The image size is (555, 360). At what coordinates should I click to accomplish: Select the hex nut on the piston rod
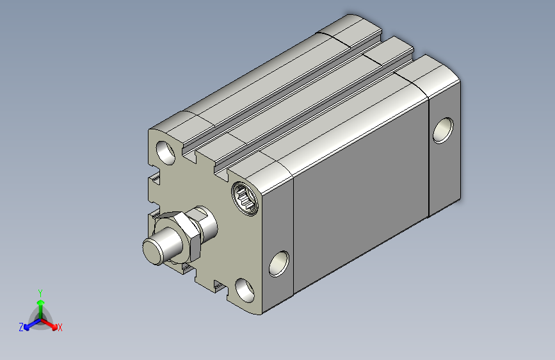(x=179, y=237)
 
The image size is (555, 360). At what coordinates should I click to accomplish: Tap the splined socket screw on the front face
(x=245, y=199)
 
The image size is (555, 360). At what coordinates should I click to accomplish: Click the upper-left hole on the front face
(x=166, y=152)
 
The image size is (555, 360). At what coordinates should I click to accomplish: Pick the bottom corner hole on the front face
(x=245, y=290)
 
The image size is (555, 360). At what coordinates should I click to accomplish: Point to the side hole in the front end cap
(x=279, y=264)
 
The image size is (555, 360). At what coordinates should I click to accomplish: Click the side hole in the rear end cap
(x=443, y=131)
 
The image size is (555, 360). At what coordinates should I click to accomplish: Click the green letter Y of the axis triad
(x=40, y=293)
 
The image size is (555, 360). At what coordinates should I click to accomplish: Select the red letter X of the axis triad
(x=60, y=327)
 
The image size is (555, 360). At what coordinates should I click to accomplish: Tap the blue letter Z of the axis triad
(x=21, y=327)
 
